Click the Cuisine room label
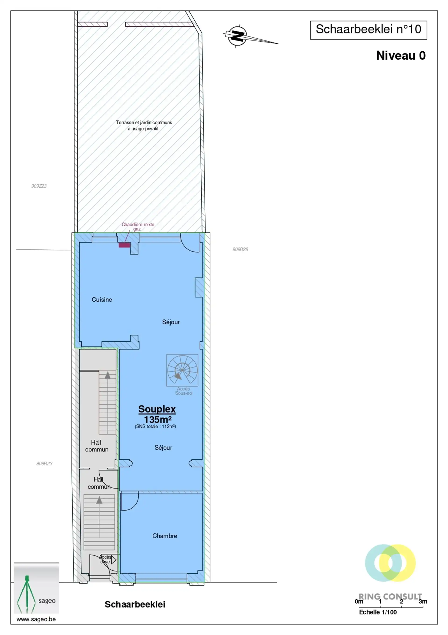102,300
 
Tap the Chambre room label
164,536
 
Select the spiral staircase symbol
182,370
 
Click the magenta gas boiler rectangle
125,245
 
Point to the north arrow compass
238,36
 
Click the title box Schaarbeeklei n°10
368,30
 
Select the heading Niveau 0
401,56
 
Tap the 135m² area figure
158,419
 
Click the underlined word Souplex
157,409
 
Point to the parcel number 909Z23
39,186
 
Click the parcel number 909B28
240,249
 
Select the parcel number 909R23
44,463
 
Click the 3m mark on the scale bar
423,601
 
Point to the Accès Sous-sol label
184,391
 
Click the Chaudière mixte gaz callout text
138,226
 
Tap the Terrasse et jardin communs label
144,125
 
